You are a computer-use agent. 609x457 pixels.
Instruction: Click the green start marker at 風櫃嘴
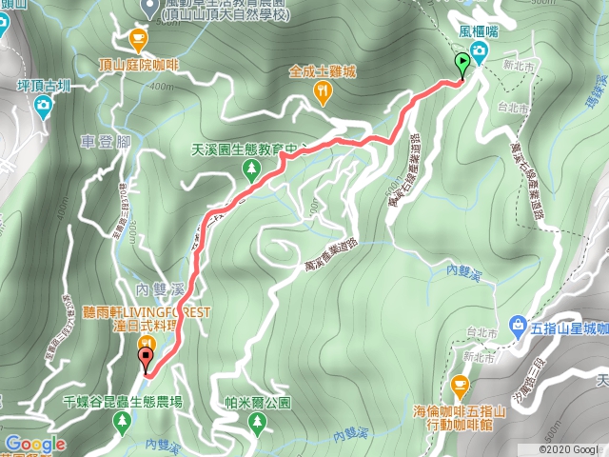tap(462, 65)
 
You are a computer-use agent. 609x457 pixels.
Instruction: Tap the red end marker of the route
tap(146, 359)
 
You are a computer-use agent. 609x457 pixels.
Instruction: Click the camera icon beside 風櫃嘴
tap(481, 50)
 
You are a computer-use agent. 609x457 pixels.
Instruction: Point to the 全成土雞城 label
tap(324, 70)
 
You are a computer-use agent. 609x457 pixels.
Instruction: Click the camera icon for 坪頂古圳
tap(42, 106)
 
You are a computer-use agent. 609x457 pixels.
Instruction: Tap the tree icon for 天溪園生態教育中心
tap(251, 169)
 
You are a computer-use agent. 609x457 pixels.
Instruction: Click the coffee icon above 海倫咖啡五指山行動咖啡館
tap(461, 386)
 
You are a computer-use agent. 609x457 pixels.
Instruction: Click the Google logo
tap(35, 444)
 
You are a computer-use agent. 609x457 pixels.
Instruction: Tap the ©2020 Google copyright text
tap(568, 449)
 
